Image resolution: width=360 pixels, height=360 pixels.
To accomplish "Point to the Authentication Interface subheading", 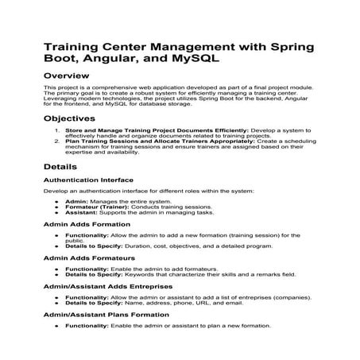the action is [x=88, y=180].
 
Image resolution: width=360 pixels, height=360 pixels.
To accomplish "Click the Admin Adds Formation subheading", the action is [x=88, y=224].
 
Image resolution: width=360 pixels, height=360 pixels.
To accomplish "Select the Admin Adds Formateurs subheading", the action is [x=90, y=258].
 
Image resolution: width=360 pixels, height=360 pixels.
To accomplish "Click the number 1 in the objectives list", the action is [x=56, y=129].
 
